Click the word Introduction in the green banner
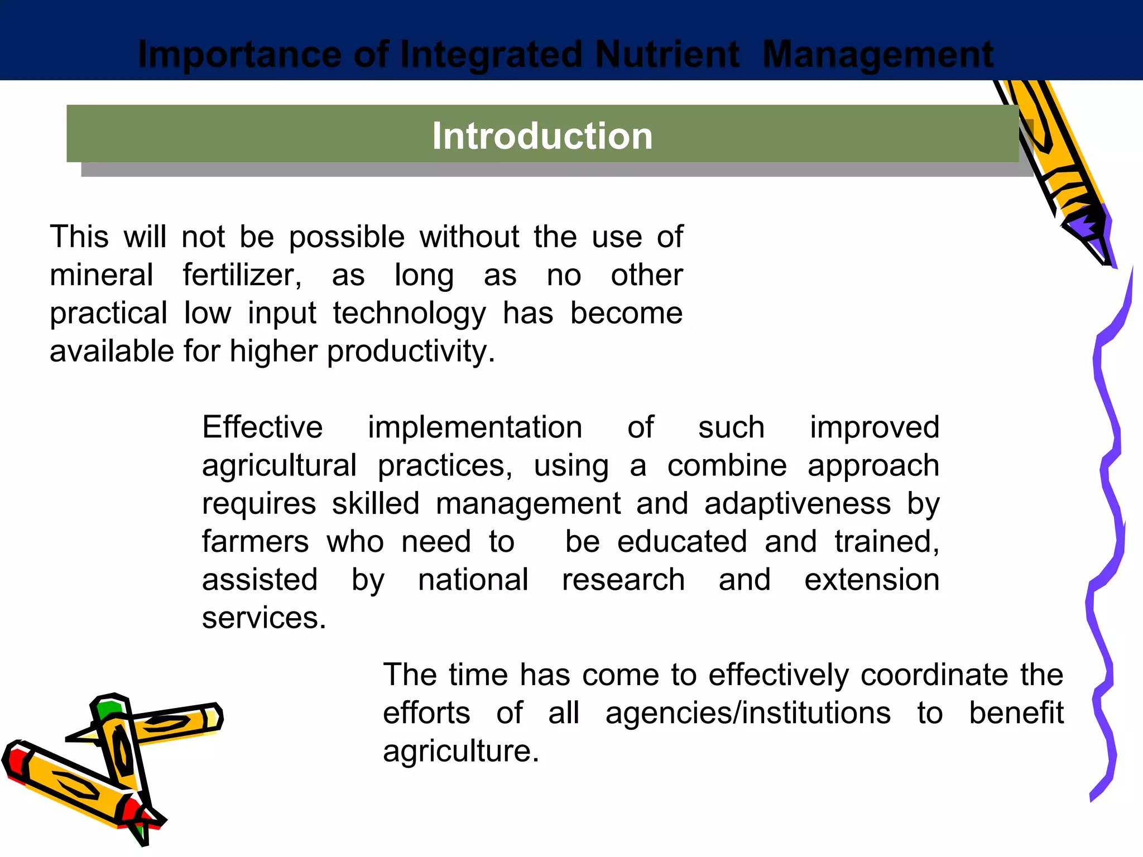[542, 136]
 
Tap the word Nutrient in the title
[667, 55]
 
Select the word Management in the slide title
[877, 55]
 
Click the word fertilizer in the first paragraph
[242, 275]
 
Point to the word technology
[409, 313]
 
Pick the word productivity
[410, 352]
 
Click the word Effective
[262, 427]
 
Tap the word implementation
[475, 427]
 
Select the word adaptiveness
[798, 504]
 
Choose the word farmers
[255, 542]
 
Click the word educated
[682, 542]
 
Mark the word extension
[872, 580]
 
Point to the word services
[263, 618]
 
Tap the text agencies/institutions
[748, 713]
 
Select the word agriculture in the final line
[460, 751]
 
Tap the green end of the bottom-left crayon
[107, 709]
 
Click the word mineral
[101, 275]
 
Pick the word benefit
[1016, 713]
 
